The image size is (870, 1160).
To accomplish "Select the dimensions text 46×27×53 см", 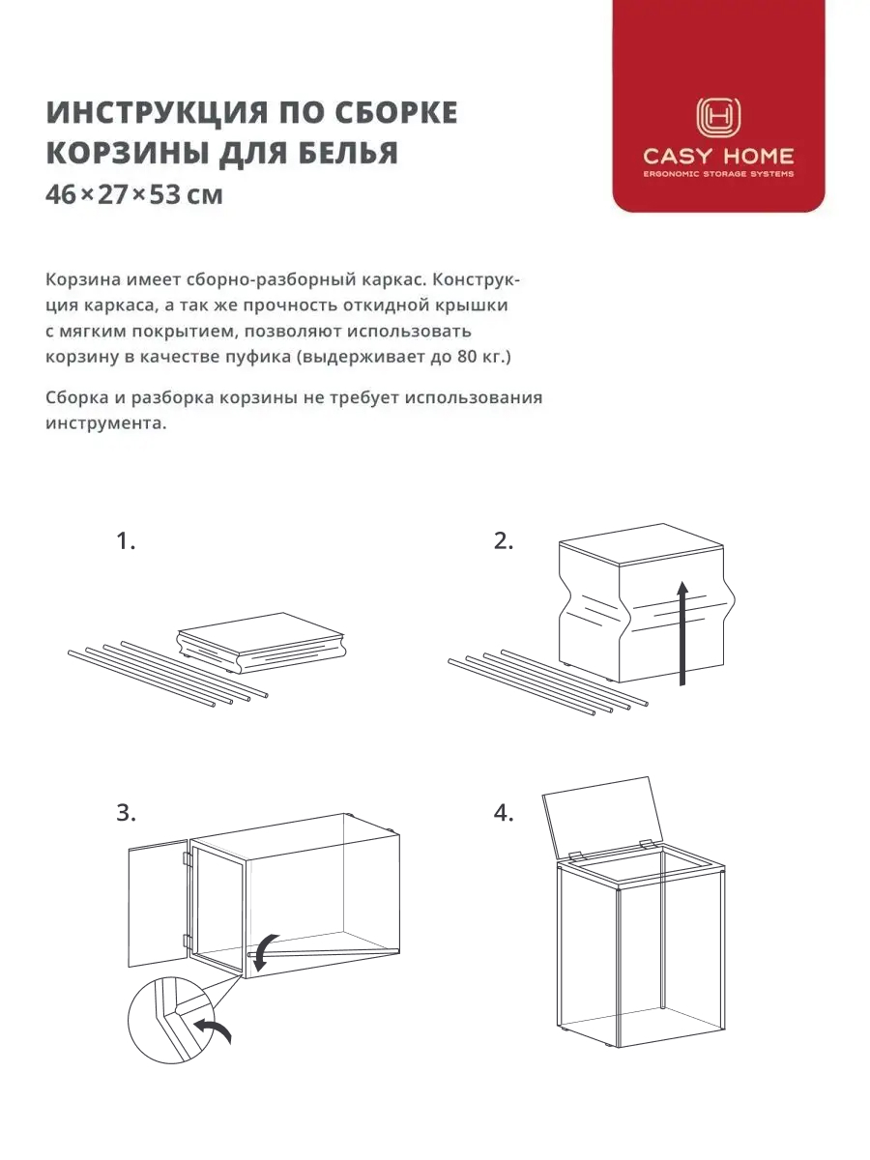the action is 134,195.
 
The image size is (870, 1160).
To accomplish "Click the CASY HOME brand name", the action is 718,156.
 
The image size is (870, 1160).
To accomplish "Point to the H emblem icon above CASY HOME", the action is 718,117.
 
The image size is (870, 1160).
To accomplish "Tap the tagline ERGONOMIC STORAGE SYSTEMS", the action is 718,174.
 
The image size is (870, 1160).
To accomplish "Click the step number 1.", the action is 126,541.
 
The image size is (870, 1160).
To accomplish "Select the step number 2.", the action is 504,541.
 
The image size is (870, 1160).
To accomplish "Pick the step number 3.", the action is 126,813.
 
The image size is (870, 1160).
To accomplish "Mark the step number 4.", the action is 504,813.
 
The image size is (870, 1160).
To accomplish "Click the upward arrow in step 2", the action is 683,633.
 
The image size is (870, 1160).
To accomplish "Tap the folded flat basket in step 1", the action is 261,643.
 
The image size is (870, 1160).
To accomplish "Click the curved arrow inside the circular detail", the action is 213,1029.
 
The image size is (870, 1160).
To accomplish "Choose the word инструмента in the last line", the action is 105,423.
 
